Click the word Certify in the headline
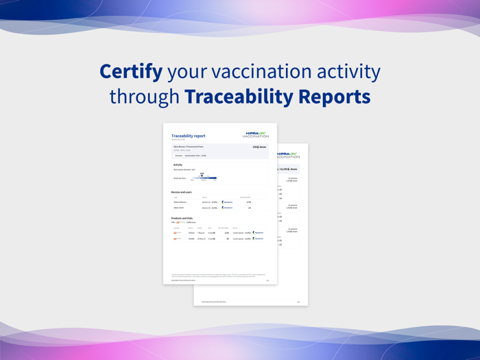pyautogui.click(x=130, y=71)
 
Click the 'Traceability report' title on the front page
pyautogui.click(x=188, y=136)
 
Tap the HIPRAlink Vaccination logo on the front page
pyautogui.click(x=256, y=135)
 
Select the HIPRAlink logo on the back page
pyautogui.click(x=288, y=155)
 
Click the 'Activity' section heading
pyautogui.click(x=178, y=165)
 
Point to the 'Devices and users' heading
pyautogui.click(x=182, y=192)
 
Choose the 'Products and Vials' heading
pyautogui.click(x=182, y=218)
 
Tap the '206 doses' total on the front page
pyautogui.click(x=259, y=147)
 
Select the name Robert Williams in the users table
pyautogui.click(x=180, y=202)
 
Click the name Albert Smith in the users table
pyautogui.click(x=178, y=208)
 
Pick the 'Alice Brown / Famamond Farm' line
pyautogui.click(x=188, y=147)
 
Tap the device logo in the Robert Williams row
pyautogui.click(x=227, y=202)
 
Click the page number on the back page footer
pyautogui.click(x=298, y=302)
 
